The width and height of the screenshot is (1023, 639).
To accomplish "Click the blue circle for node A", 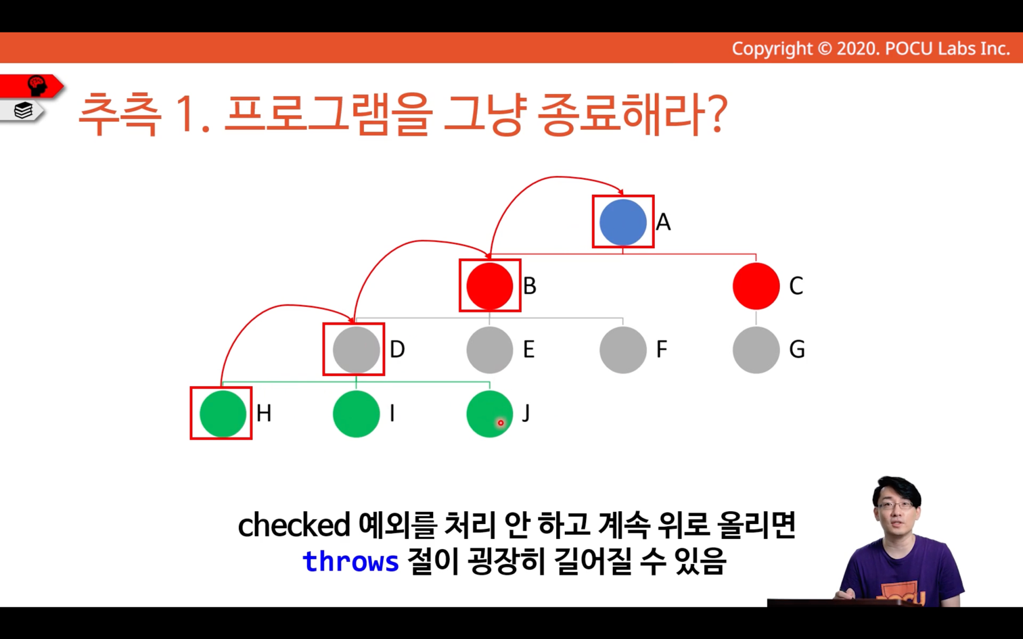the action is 623,222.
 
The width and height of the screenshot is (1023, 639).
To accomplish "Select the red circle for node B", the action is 490,286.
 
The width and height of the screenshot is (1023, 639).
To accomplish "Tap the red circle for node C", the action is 756,286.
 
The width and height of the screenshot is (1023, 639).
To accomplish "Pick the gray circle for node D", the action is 356,350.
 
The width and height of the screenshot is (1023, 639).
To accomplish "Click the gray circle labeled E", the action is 490,350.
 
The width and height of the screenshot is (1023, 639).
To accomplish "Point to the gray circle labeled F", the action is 623,350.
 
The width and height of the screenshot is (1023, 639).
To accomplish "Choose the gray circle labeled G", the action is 756,350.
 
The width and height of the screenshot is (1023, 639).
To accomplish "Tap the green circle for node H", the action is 223,414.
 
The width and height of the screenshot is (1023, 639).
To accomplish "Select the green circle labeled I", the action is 356,414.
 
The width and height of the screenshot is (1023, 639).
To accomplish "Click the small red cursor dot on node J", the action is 501,423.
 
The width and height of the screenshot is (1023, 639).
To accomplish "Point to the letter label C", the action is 796,286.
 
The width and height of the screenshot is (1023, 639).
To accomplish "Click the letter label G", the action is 797,350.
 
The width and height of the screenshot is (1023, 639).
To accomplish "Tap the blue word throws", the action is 350,561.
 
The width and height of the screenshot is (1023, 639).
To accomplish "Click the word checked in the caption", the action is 294,525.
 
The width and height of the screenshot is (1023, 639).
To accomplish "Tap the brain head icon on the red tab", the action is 37,86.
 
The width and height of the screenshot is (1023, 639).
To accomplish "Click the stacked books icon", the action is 23,110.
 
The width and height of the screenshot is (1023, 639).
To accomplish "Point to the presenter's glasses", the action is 896,505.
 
